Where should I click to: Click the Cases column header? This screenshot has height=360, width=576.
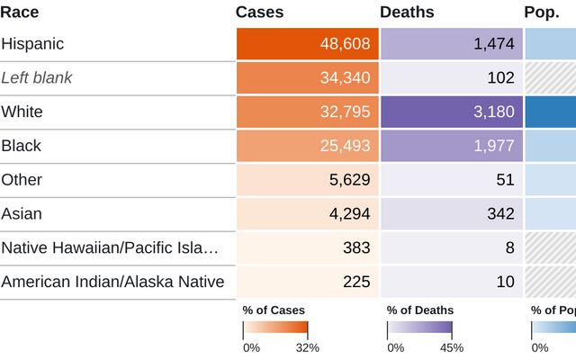tap(259, 12)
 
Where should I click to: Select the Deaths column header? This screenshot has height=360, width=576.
tap(407, 12)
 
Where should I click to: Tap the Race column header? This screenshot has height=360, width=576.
tap(20, 12)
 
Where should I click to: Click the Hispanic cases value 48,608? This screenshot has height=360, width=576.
tap(345, 44)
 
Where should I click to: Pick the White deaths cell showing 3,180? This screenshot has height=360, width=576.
tap(494, 112)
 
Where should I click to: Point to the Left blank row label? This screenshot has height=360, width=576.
tap(37, 77)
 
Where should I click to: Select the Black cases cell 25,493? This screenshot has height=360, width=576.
tap(345, 146)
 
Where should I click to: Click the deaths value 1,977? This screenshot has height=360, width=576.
tap(494, 146)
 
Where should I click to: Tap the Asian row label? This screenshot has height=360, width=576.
tap(22, 214)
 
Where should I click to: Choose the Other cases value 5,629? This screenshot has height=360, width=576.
tap(350, 180)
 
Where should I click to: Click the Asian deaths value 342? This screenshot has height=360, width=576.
tap(500, 214)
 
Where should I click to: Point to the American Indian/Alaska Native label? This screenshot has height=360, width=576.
tap(112, 282)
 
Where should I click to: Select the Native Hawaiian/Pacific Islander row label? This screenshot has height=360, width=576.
tap(110, 247)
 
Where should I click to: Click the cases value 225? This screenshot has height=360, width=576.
tap(356, 282)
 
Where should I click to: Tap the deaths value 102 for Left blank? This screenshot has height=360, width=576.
tap(500, 77)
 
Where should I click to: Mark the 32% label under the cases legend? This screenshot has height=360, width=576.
tap(308, 347)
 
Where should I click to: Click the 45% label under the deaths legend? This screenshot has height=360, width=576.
tap(452, 347)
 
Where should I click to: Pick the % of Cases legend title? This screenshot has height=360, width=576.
tap(274, 310)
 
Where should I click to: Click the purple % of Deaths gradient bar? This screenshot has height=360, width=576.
tap(419, 328)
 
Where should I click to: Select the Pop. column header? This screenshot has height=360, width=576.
tap(542, 12)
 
